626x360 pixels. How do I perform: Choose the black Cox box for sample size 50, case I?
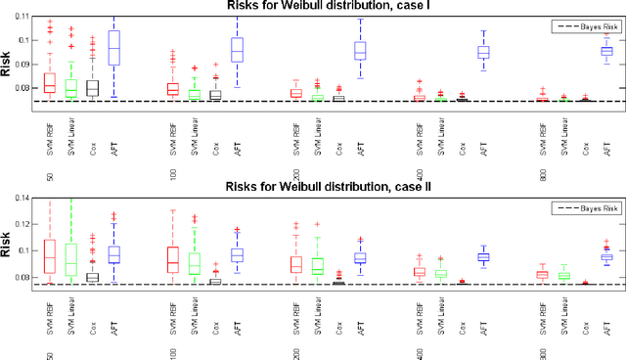point(92,88)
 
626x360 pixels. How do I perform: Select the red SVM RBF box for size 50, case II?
point(50,256)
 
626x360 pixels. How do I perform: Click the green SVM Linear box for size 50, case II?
point(70,259)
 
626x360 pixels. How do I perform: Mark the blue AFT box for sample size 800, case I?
point(606,51)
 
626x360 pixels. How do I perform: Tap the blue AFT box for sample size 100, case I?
point(237,50)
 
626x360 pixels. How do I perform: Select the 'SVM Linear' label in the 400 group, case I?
point(441,133)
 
